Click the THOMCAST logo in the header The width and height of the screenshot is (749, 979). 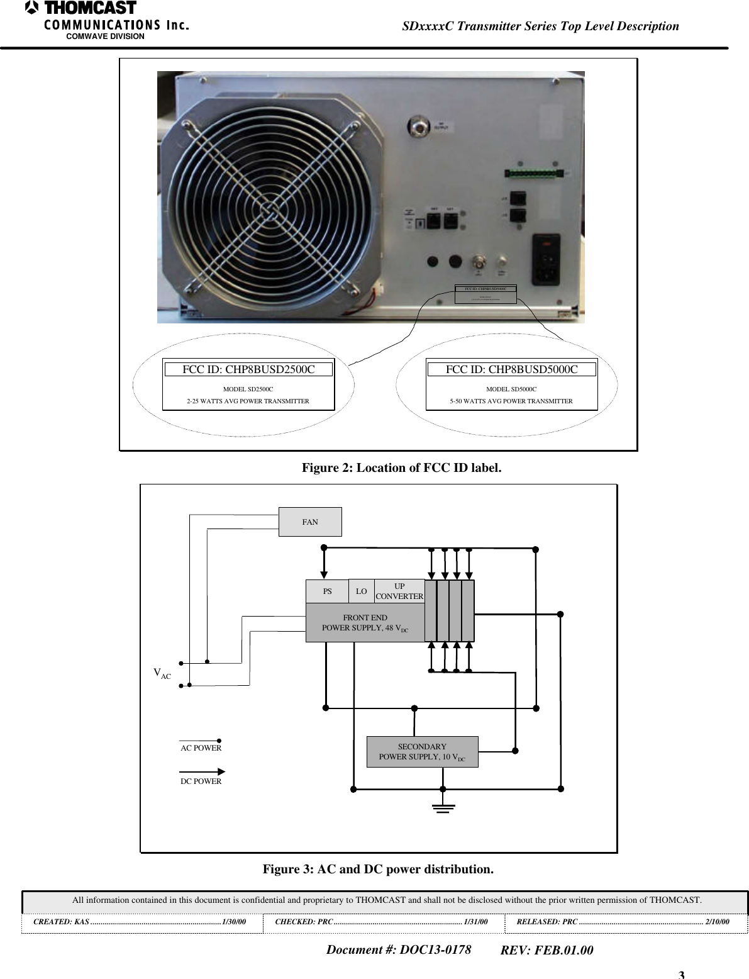pyautogui.click(x=82, y=9)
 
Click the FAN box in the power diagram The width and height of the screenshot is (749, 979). pyautogui.click(x=310, y=522)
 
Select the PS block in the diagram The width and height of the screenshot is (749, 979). pyautogui.click(x=327, y=591)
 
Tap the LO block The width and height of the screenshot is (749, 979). pyautogui.click(x=361, y=591)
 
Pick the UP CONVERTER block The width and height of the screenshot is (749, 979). pyautogui.click(x=399, y=591)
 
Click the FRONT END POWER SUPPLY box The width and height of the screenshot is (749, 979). pyautogui.click(x=365, y=623)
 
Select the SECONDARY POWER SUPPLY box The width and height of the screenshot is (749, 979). pyautogui.click(x=422, y=752)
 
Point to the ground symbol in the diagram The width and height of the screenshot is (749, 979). pyautogui.click(x=443, y=808)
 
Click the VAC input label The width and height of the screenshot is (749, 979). pyautogui.click(x=162, y=674)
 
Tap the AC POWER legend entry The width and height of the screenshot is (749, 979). pyautogui.click(x=201, y=747)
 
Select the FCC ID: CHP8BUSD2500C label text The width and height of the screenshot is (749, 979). pyautogui.click(x=248, y=369)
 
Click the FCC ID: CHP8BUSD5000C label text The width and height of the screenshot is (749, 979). pyautogui.click(x=511, y=369)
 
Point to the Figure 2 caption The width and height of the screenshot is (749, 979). pyautogui.click(x=401, y=467)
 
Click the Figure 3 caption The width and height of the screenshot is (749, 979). pyautogui.click(x=378, y=869)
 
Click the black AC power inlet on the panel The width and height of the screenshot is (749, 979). pyautogui.click(x=546, y=259)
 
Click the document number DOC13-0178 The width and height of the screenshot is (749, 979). pyautogui.click(x=398, y=949)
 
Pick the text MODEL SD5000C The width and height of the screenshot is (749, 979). pyautogui.click(x=511, y=389)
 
